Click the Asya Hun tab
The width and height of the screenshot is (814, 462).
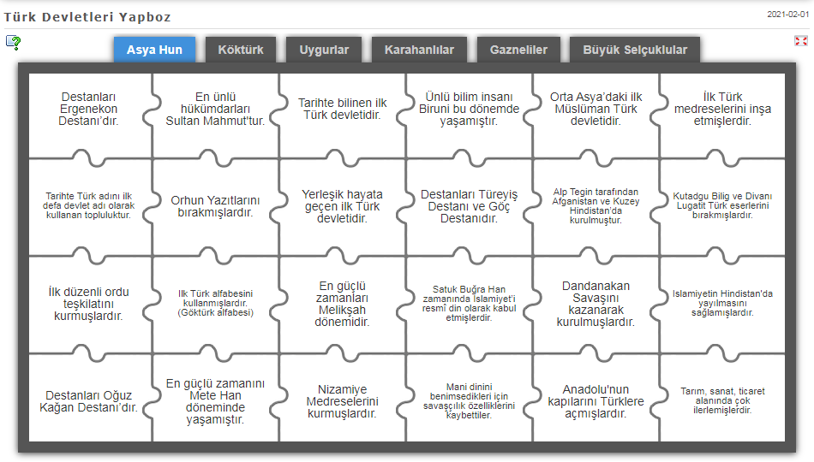pos(154,50)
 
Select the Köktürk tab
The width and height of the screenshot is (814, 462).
pos(241,50)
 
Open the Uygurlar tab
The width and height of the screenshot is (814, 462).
pos(324,50)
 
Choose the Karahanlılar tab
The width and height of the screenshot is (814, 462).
pos(419,50)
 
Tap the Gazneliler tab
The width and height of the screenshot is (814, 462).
pos(518,50)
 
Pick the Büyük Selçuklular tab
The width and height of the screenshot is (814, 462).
pos(635,50)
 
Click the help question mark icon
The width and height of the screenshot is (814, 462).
pos(13,42)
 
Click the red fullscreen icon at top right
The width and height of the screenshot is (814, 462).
pos(801,40)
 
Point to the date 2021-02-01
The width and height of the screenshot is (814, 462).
pos(787,15)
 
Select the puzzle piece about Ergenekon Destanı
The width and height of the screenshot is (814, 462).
pos(89,109)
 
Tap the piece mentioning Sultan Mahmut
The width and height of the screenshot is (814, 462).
pos(215,109)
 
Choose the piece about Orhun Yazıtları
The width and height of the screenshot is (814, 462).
pos(215,206)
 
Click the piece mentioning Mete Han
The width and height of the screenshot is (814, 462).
pos(215,401)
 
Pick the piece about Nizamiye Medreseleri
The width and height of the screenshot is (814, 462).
pos(342,401)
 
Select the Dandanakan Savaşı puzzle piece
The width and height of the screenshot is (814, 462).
pos(596,304)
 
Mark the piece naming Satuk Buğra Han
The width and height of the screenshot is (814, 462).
pos(469,304)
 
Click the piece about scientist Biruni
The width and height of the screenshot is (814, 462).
pos(469,109)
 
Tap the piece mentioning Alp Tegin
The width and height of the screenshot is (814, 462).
pos(596,206)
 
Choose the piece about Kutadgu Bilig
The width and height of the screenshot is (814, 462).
pos(721,206)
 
